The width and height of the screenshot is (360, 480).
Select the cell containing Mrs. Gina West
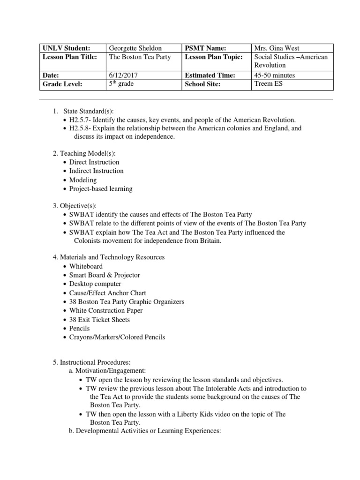click(x=277, y=48)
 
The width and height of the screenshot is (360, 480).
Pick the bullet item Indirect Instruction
click(x=96, y=171)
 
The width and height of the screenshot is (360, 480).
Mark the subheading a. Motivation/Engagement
click(x=107, y=370)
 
